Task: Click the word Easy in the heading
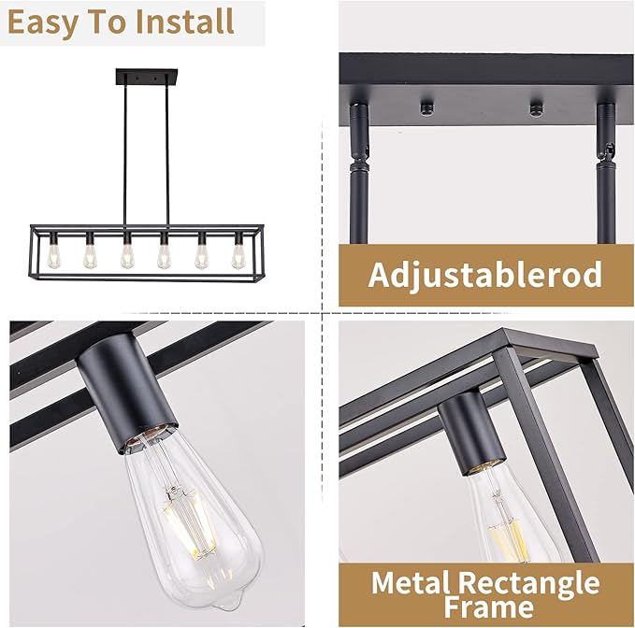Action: (x=46, y=21)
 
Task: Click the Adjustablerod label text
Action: (x=484, y=276)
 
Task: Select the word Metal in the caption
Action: (x=417, y=583)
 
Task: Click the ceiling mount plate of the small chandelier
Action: (x=141, y=74)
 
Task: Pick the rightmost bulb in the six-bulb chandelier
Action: (x=238, y=253)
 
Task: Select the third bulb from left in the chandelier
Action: (x=127, y=253)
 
